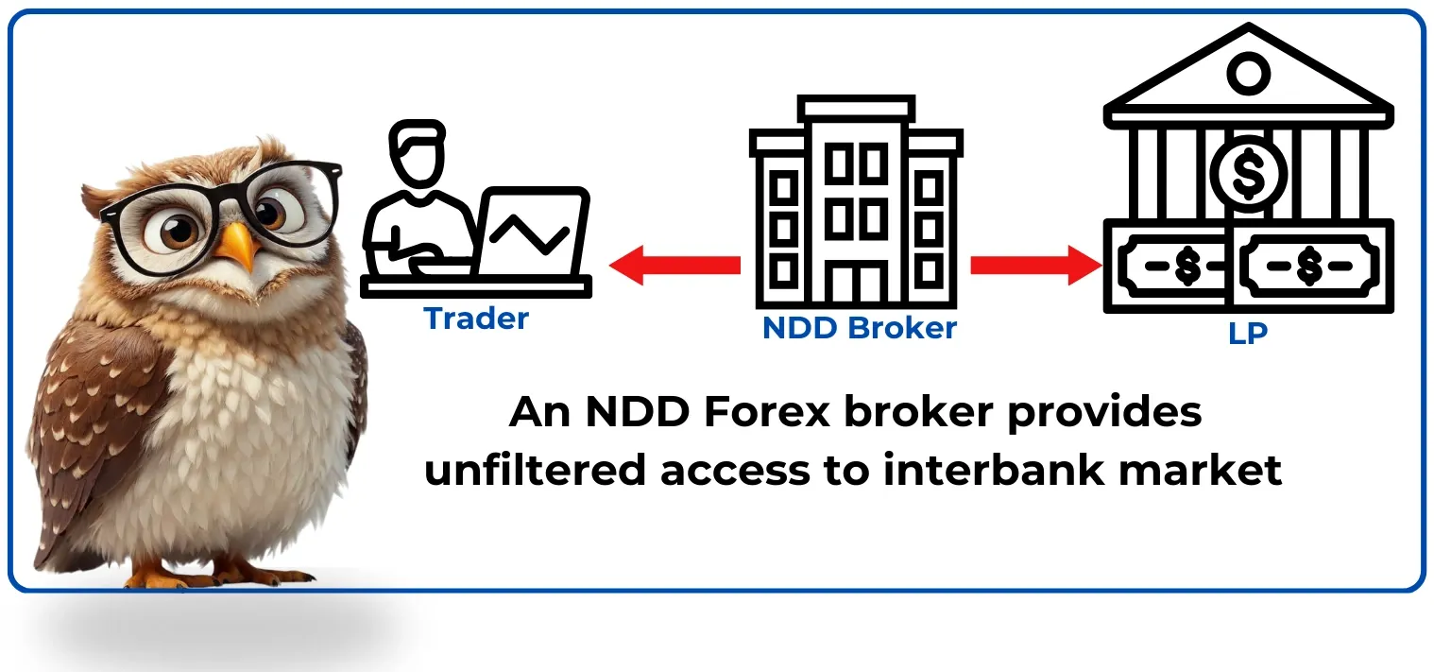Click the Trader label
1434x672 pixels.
click(x=476, y=319)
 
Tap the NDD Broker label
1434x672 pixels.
click(x=859, y=328)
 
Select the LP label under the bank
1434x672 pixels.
click(x=1248, y=333)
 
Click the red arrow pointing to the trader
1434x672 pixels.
click(x=674, y=265)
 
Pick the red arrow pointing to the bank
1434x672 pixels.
click(x=1036, y=265)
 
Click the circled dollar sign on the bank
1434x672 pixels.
click(x=1248, y=174)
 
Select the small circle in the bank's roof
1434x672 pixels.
click(x=1248, y=74)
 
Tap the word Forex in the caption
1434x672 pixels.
click(x=766, y=412)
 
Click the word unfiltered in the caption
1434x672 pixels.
click(x=535, y=471)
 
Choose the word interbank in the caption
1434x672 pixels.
click(x=993, y=471)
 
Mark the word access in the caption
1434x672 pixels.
click(x=734, y=474)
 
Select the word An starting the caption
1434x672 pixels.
click(x=539, y=412)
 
